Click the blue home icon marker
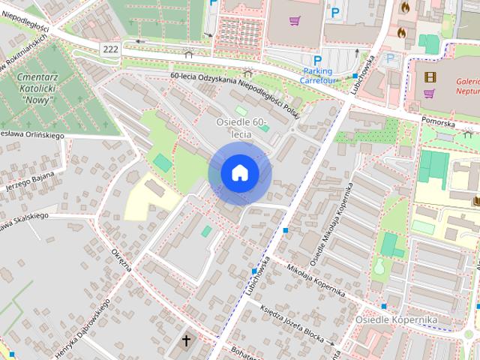click(x=240, y=172)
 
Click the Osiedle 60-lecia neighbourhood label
click(x=241, y=128)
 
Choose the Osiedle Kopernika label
click(x=397, y=319)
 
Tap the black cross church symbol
click(x=186, y=342)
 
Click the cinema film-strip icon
click(x=429, y=76)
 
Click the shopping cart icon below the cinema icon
click(x=429, y=94)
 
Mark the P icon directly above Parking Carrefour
click(x=317, y=60)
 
